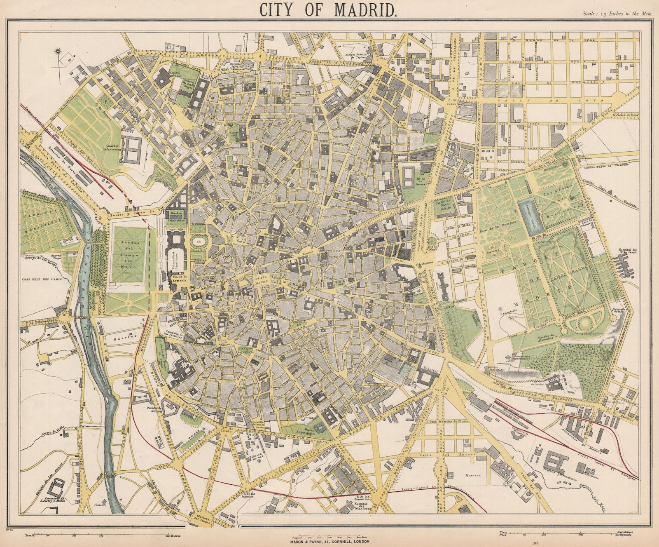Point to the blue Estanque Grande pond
pyautogui.click(x=528, y=218)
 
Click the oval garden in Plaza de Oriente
pyautogui.click(x=199, y=242)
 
